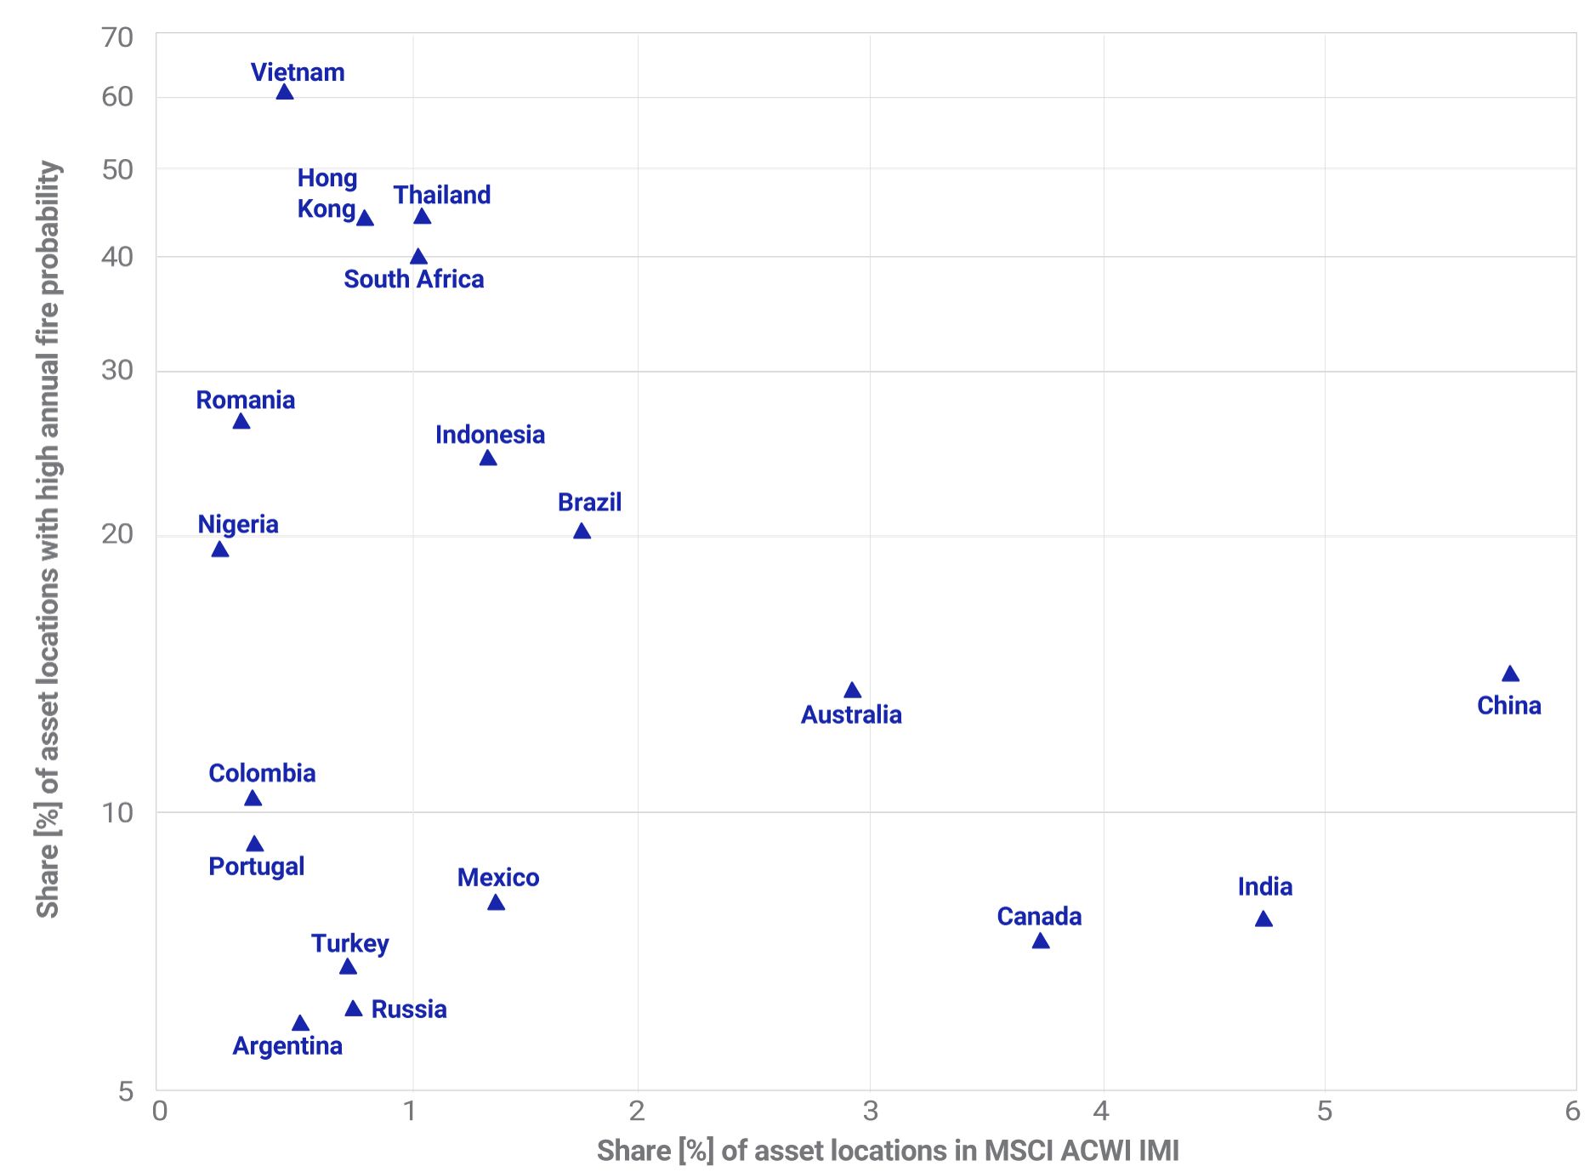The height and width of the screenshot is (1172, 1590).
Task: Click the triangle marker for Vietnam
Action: pyautogui.click(x=285, y=92)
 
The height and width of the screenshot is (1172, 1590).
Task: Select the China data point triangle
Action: pyautogui.click(x=1510, y=674)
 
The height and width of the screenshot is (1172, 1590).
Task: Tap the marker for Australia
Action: pyautogui.click(x=852, y=691)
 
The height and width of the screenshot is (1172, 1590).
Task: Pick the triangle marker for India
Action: pyautogui.click(x=1263, y=919)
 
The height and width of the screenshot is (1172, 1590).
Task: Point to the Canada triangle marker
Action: pyautogui.click(x=1040, y=941)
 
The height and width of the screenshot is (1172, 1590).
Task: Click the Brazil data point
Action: pyautogui.click(x=582, y=532)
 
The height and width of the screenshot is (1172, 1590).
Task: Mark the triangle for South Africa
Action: pyautogui.click(x=418, y=257)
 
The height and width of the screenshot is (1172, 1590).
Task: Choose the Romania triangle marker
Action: pyautogui.click(x=241, y=422)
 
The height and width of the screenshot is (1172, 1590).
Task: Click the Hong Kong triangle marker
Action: pyautogui.click(x=365, y=219)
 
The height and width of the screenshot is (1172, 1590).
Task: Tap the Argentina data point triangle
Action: pyautogui.click(x=300, y=1023)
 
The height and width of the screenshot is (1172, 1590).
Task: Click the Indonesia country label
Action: pyautogui.click(x=490, y=435)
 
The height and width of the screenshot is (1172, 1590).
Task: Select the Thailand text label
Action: pyautogui.click(x=441, y=195)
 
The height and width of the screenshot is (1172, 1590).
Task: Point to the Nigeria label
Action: pyautogui.click(x=238, y=524)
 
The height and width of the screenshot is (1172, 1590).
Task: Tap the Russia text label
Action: pyautogui.click(x=409, y=1010)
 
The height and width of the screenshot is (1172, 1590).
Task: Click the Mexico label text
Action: pyautogui.click(x=498, y=878)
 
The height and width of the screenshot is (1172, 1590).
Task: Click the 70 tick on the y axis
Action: pyautogui.click(x=117, y=37)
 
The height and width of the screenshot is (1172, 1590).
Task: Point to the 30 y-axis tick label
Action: pyautogui.click(x=117, y=370)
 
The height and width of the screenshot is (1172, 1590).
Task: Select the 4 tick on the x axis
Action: pyautogui.click(x=1101, y=1111)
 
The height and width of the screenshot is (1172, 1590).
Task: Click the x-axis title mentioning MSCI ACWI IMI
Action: pyautogui.click(x=888, y=1151)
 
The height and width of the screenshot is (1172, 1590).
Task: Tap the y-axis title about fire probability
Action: pyautogui.click(x=48, y=539)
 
